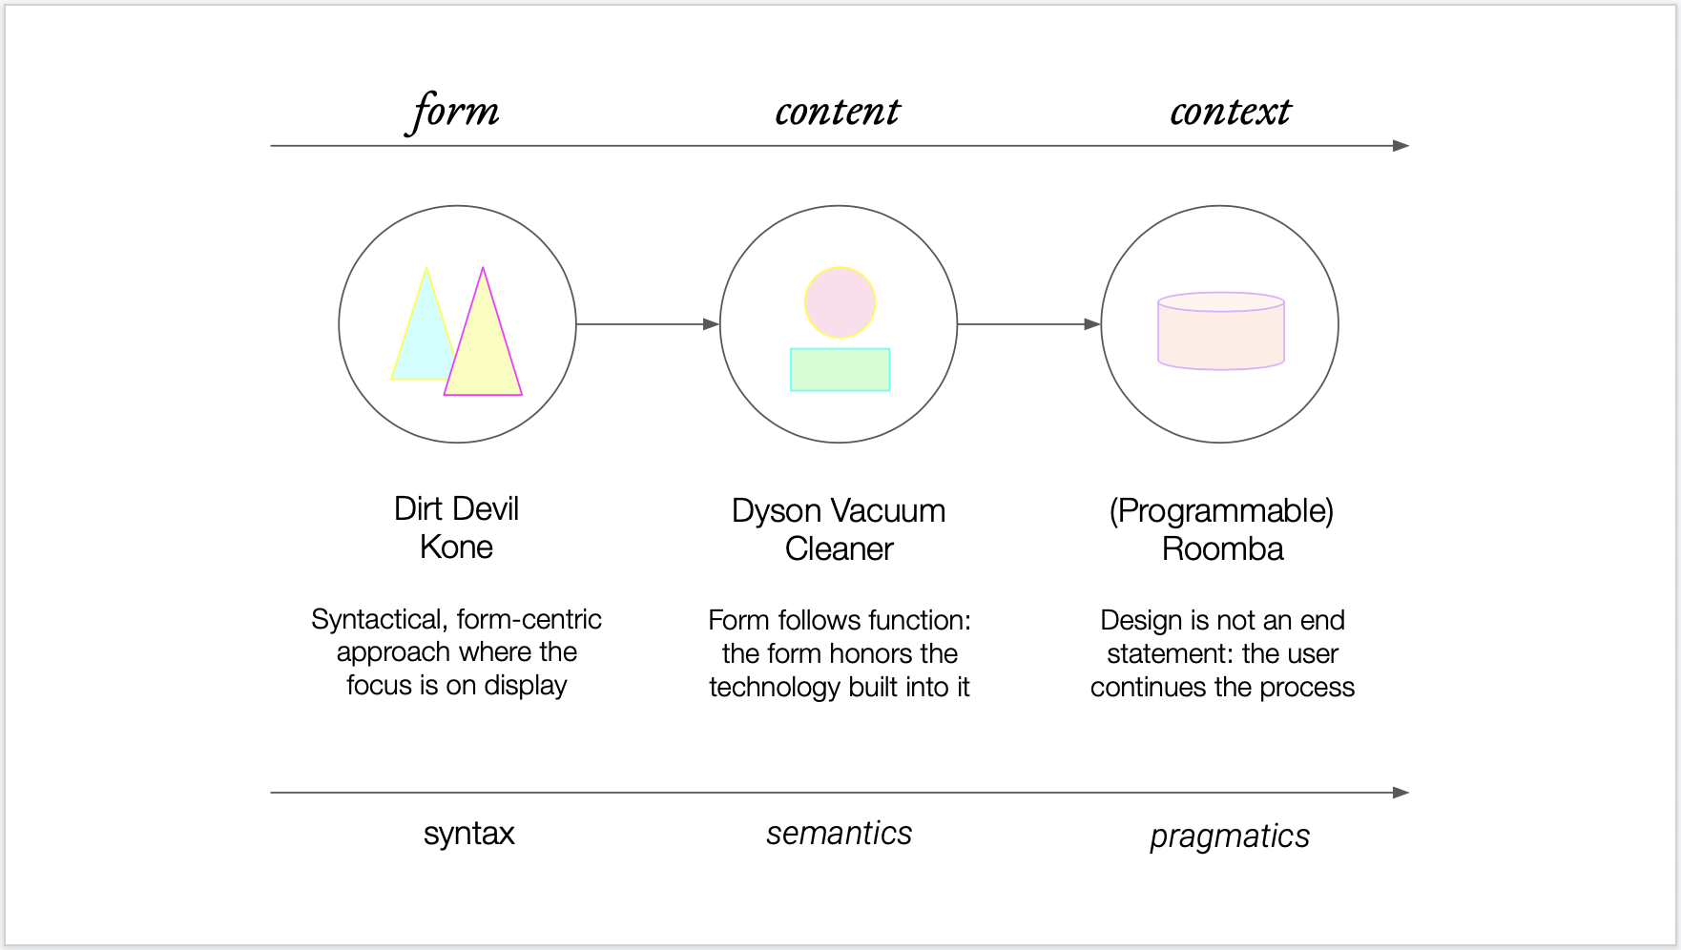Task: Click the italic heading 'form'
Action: pos(455,113)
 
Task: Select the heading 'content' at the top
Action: pos(837,113)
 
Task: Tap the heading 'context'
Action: pos(1230,113)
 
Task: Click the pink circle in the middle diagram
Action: pos(840,302)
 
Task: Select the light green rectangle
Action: pos(840,369)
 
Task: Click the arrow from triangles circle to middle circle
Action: pos(647,324)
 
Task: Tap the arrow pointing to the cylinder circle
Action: pos(1028,324)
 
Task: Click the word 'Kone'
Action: pos(456,547)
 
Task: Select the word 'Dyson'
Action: pos(776,511)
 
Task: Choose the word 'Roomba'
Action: pos(1222,549)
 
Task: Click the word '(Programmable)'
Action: pos(1221,511)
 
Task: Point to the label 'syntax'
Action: pos(468,834)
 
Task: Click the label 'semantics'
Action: pos(839,834)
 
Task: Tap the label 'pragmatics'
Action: pos(1229,836)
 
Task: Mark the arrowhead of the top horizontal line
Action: pos(1401,146)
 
